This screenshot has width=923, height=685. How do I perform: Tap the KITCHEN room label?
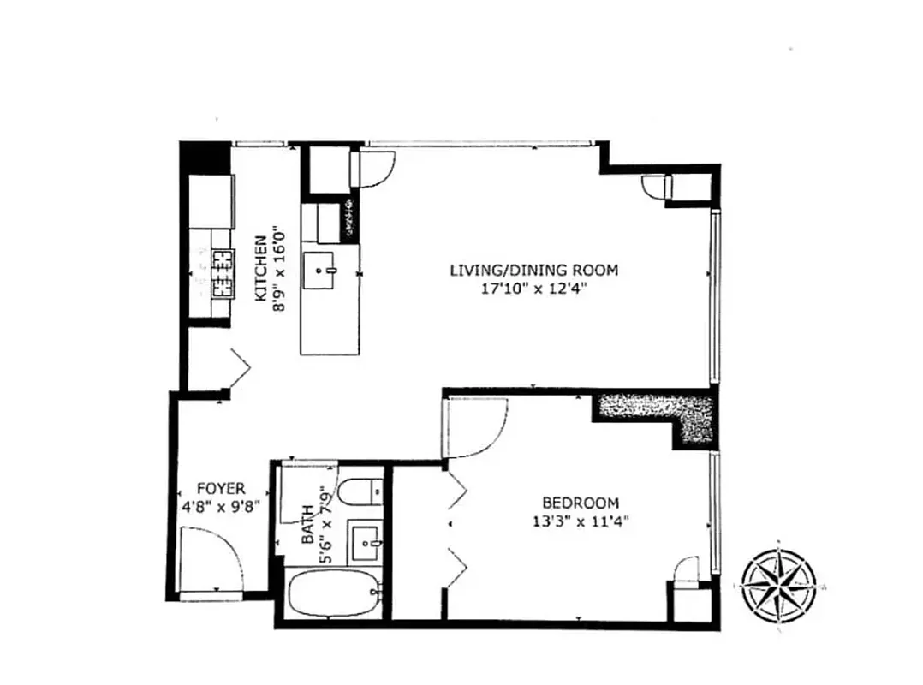[x=259, y=267]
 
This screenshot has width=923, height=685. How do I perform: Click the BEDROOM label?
[x=581, y=503]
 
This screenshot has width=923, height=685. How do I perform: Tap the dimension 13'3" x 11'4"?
[x=581, y=520]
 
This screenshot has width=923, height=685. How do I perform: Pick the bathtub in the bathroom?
[x=332, y=593]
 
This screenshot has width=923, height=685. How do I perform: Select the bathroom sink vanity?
[x=367, y=541]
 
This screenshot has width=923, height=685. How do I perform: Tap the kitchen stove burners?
[x=223, y=272]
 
